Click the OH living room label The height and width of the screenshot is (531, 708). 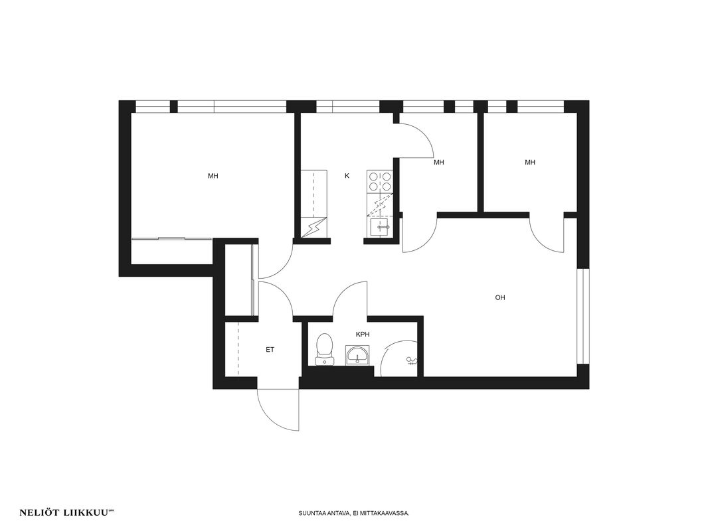point(500,298)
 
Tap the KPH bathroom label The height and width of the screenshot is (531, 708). point(363,335)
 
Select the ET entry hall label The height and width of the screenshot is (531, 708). point(270,350)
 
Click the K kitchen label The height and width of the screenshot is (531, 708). point(347,176)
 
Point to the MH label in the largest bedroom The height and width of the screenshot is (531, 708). point(213,176)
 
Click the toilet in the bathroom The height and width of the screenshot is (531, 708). point(325,348)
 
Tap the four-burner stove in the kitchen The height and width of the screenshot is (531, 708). point(380,181)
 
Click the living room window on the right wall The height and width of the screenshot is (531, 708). point(583,316)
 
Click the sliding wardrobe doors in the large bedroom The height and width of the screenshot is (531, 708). point(171,238)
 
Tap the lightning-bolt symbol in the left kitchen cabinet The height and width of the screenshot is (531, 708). point(312,227)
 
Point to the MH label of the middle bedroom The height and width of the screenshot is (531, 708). point(438,163)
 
